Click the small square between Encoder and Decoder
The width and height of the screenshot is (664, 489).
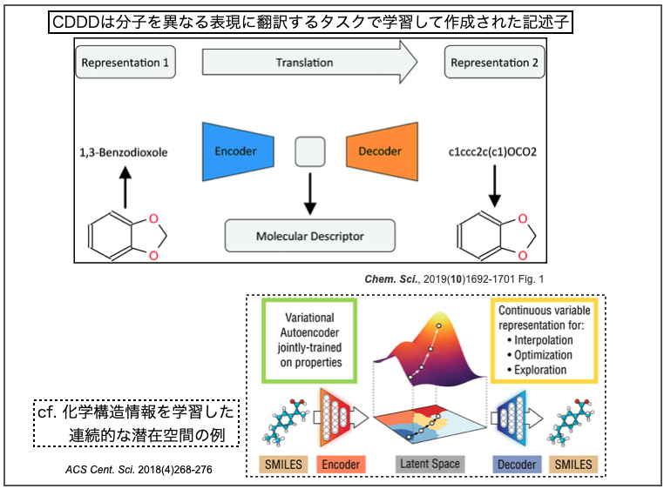click(309, 151)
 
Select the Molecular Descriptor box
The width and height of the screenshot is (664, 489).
click(310, 236)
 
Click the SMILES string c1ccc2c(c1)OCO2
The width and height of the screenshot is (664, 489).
click(495, 152)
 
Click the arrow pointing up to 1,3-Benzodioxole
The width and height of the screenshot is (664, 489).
click(124, 188)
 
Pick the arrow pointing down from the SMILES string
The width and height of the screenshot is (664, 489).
click(495, 186)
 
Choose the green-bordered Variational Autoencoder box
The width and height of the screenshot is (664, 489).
click(308, 341)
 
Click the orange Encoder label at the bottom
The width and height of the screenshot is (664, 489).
click(342, 465)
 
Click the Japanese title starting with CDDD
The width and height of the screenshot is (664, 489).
click(310, 22)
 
